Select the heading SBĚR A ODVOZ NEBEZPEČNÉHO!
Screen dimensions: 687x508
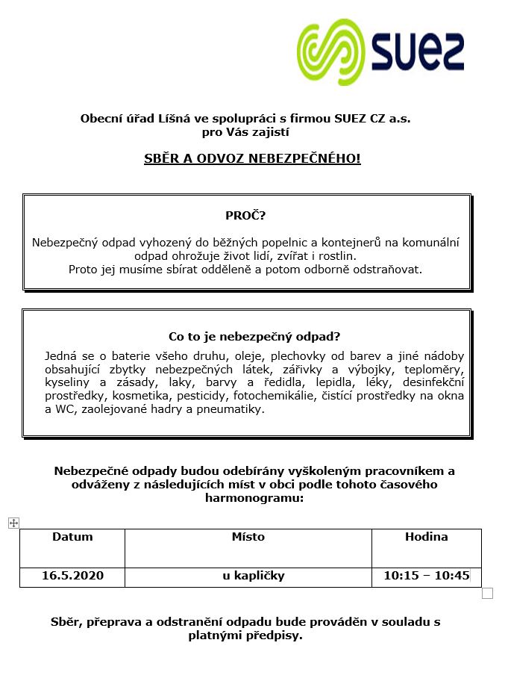[252, 159]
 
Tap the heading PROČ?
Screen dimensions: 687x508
[245, 216]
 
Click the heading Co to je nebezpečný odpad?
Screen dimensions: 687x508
[254, 337]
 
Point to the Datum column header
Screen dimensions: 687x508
[72, 537]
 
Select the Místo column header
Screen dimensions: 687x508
[248, 537]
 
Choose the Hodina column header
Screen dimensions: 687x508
[426, 537]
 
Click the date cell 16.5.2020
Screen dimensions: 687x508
[72, 576]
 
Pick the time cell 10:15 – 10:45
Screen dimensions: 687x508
[426, 576]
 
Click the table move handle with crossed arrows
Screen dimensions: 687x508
[13, 523]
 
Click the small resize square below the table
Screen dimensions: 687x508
[488, 594]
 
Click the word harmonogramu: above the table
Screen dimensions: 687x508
[254, 497]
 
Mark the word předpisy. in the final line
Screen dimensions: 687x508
[274, 636]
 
